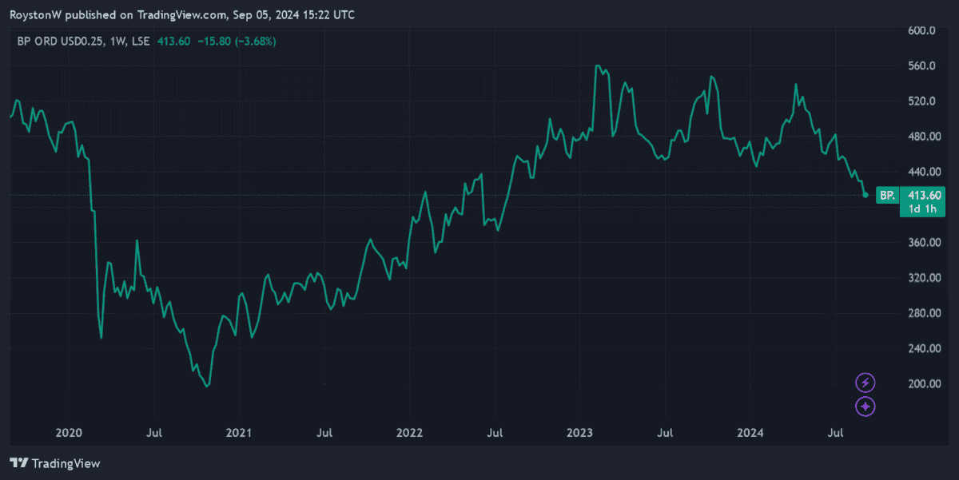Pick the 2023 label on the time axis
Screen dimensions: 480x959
click(579, 433)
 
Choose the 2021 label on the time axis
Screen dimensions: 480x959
click(239, 433)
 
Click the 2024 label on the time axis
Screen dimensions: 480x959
click(750, 433)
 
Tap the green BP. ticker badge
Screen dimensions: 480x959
click(886, 195)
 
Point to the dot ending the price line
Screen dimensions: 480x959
click(865, 195)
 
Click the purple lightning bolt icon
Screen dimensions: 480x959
click(865, 383)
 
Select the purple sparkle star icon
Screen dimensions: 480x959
click(865, 407)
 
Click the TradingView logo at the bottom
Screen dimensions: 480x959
click(54, 463)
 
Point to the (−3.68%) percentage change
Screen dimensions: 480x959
click(254, 42)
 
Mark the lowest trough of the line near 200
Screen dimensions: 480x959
click(207, 387)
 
